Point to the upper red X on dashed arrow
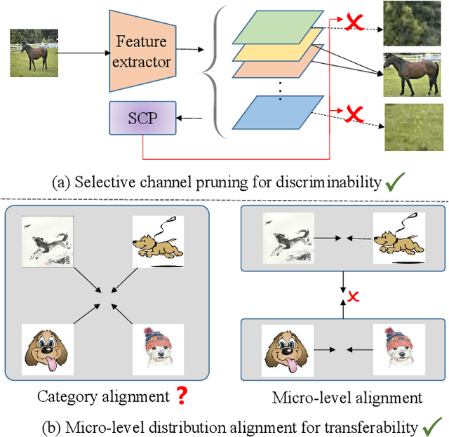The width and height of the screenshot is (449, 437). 355,23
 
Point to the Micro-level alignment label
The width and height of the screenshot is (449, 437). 347,398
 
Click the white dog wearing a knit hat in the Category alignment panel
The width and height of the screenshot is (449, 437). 159,349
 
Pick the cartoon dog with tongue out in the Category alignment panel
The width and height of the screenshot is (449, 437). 45,349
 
